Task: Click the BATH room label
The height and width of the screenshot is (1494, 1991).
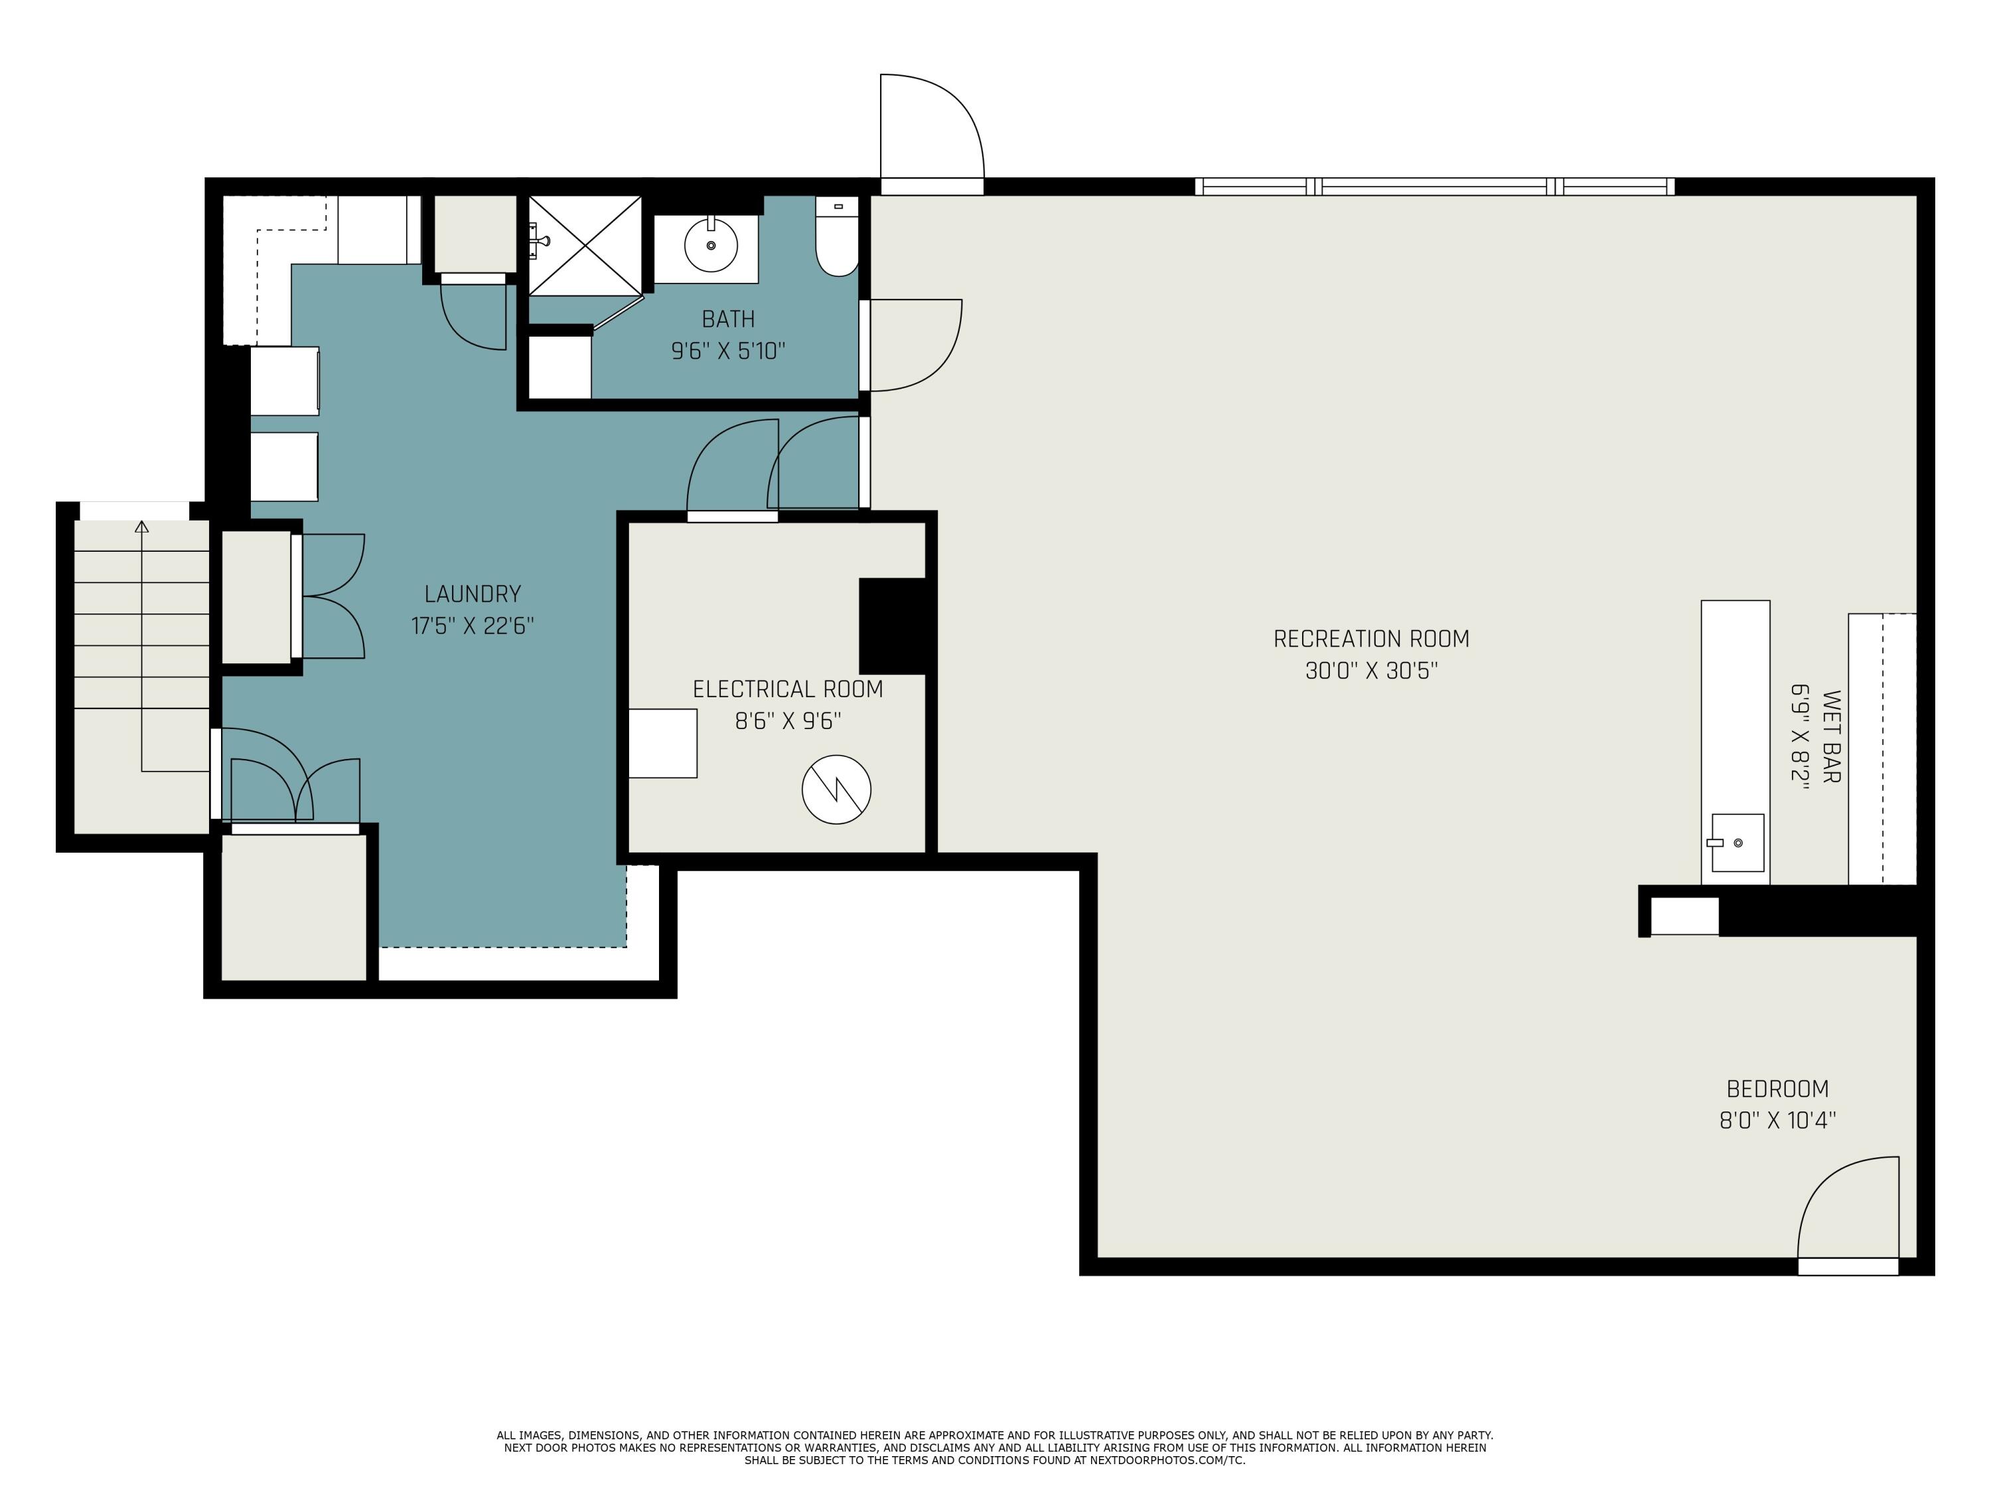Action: (728, 319)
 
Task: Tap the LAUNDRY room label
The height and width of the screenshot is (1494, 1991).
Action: (473, 594)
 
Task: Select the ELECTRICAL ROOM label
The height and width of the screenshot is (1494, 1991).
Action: (788, 689)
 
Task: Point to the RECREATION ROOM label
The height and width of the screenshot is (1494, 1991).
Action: (1371, 639)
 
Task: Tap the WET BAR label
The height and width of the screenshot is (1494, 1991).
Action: (1831, 736)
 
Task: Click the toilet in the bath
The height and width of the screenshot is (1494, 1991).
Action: (837, 236)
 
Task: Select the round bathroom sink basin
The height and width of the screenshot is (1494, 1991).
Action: (711, 245)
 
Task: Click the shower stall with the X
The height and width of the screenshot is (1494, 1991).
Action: (585, 245)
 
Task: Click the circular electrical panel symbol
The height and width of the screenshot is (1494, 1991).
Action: (836, 789)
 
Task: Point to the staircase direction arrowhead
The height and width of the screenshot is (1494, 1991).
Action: (141, 526)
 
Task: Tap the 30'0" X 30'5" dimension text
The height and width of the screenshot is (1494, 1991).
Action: (1371, 671)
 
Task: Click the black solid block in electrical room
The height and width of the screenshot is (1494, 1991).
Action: (893, 626)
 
